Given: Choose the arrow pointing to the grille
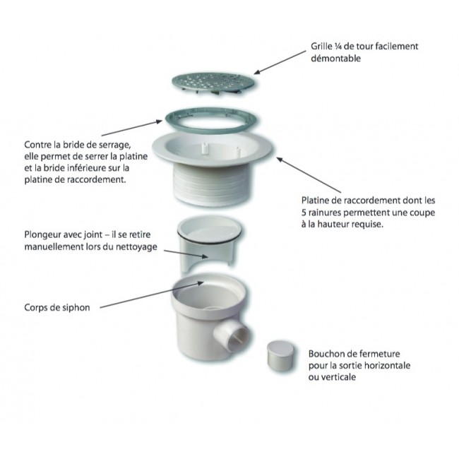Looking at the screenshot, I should [x=279, y=61].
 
